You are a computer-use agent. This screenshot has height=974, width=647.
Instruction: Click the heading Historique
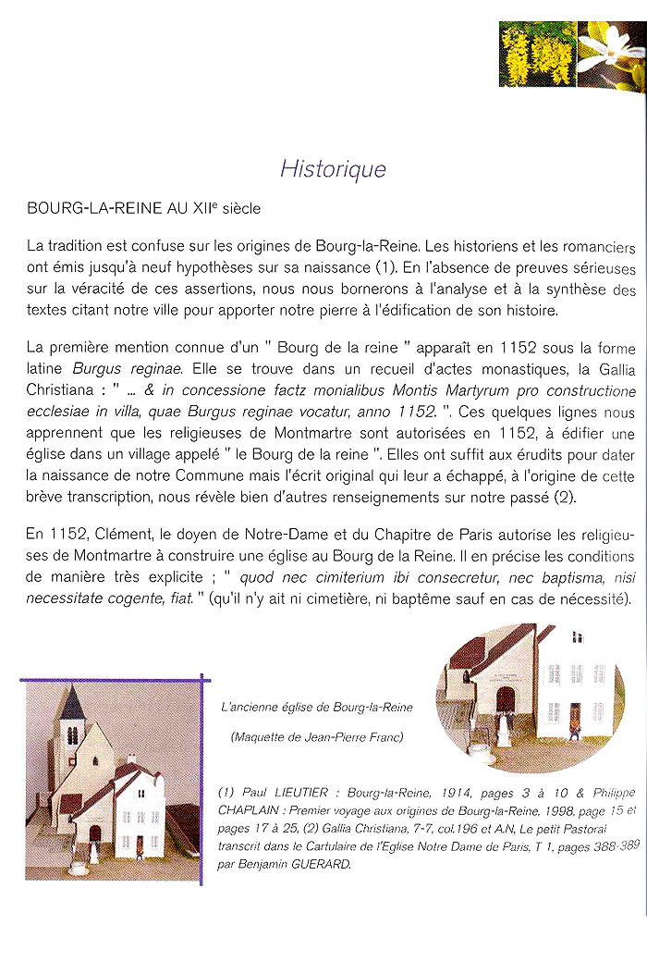coord(334,169)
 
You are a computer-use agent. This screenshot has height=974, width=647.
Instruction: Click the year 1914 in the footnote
coord(421,793)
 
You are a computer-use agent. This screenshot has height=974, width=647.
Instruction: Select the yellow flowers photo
coord(537,54)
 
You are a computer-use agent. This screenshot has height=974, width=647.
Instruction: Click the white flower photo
coord(611,54)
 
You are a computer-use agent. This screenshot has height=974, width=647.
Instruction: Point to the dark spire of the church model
coord(72,704)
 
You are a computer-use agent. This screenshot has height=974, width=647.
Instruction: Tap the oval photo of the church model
coord(529,697)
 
